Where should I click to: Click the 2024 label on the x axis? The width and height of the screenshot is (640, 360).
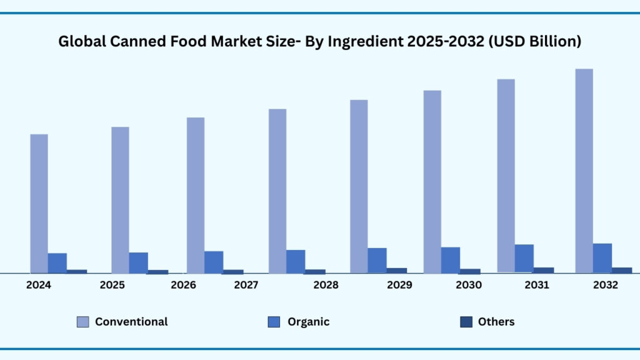[39, 285]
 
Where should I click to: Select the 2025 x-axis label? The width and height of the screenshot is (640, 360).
[112, 285]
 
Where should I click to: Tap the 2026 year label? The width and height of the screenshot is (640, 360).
[184, 285]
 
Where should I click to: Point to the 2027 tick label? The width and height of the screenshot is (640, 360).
[246, 285]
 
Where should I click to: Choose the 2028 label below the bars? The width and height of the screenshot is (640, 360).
[326, 285]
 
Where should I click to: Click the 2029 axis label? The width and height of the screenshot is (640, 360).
[399, 285]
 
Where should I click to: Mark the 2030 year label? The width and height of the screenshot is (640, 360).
[469, 285]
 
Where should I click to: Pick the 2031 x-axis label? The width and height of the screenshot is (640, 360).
[537, 285]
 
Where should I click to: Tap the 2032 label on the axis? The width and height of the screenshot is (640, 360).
[605, 285]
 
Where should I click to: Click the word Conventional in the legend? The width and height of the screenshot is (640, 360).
[131, 322]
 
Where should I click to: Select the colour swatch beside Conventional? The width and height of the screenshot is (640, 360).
[82, 322]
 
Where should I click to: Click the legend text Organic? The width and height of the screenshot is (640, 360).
[308, 322]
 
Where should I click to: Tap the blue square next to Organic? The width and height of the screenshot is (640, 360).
[274, 322]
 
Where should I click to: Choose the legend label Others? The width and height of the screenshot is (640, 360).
[496, 322]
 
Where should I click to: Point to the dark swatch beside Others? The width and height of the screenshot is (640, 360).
[466, 322]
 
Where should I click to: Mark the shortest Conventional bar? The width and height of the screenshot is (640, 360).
[39, 204]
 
